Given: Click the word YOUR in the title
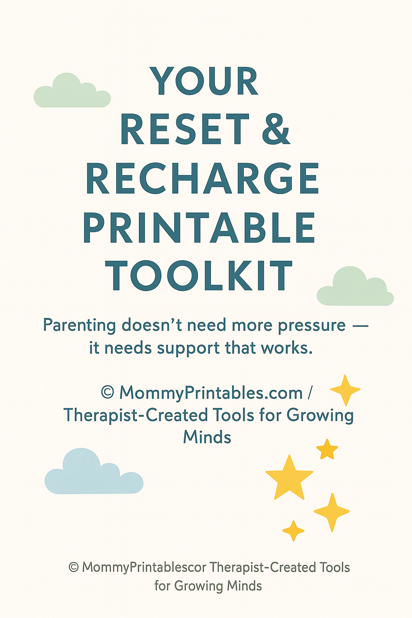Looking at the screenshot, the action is (204, 81).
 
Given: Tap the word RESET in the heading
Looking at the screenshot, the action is (185, 129).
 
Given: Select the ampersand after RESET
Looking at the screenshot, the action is (276, 129).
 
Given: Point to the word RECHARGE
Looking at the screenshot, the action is (203, 178).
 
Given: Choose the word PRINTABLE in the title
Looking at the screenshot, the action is (199, 227).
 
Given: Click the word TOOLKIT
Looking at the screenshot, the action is (199, 275).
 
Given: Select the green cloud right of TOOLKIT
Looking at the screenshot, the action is (355, 286).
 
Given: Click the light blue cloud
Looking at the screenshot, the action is (94, 472).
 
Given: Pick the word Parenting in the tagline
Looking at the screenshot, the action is (80, 326).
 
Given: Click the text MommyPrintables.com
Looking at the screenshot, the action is (211, 393).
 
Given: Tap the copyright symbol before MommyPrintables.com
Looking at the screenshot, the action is (107, 392).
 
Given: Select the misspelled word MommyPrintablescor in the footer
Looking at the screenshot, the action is (144, 568).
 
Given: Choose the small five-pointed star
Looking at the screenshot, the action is (327, 449).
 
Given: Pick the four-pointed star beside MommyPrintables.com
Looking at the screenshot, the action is (345, 390).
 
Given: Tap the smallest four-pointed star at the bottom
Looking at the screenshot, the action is (293, 531).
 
